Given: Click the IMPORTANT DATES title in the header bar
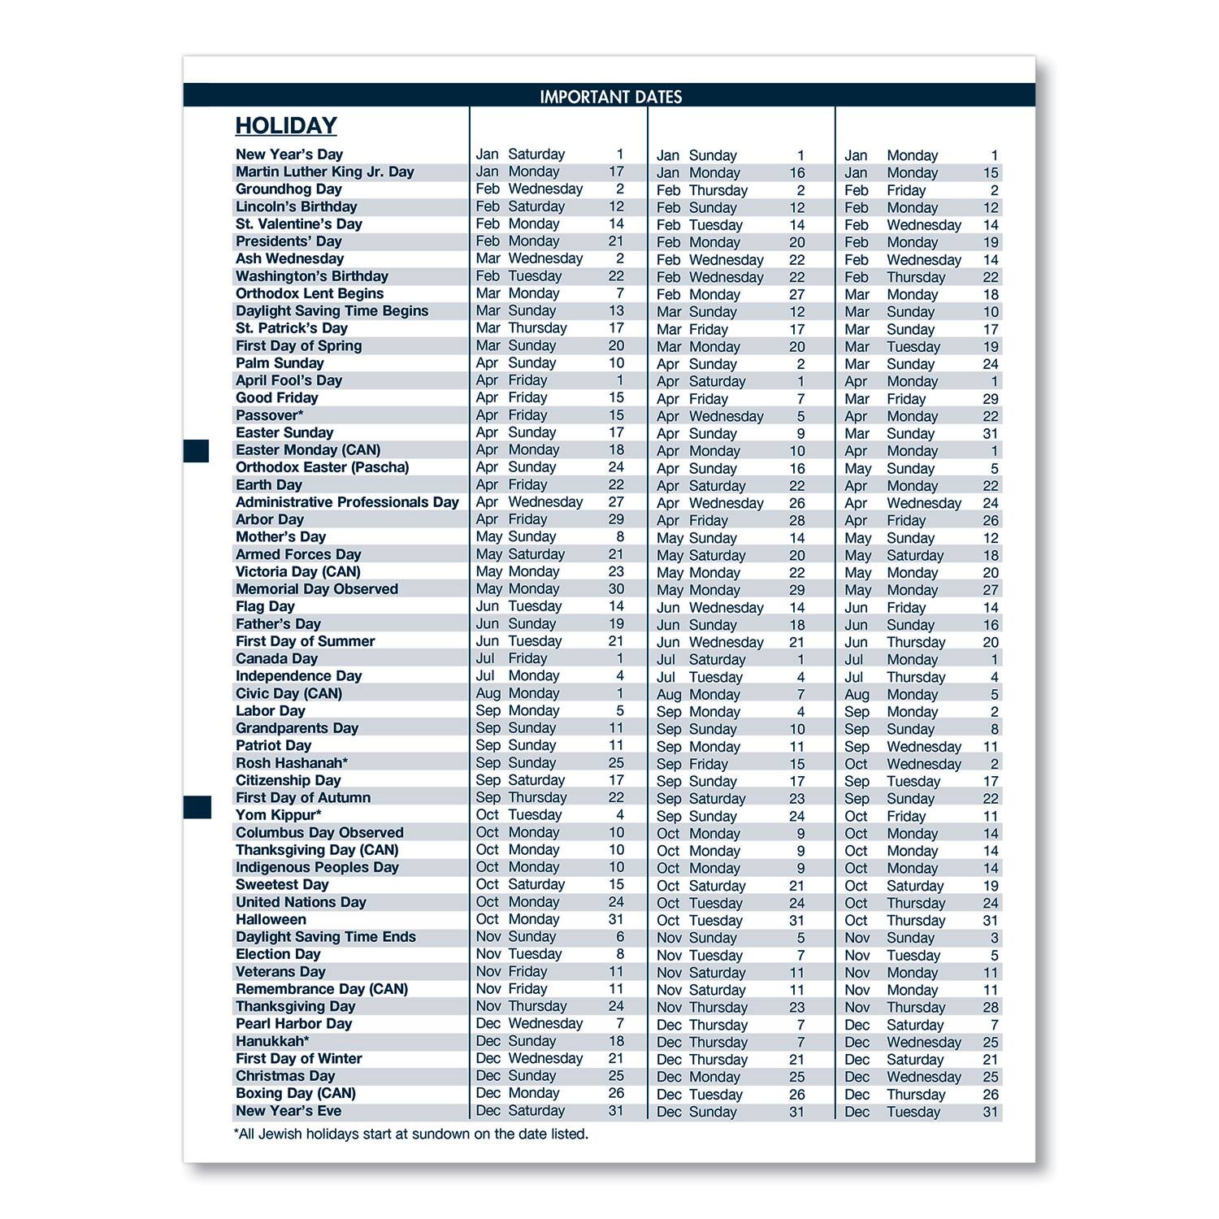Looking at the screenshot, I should pyautogui.click(x=610, y=97).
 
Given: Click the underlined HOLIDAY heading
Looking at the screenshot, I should pyautogui.click(x=286, y=126).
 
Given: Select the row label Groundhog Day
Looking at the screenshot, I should pyautogui.click(x=288, y=189).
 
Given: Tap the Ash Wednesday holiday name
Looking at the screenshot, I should pyautogui.click(x=289, y=258).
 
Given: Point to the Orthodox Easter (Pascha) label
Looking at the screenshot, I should pyautogui.click(x=322, y=467).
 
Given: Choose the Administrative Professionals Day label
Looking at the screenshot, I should pyautogui.click(x=347, y=502).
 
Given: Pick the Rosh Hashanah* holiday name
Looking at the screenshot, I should pyautogui.click(x=291, y=762).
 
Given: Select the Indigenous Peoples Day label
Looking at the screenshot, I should pyautogui.click(x=317, y=867).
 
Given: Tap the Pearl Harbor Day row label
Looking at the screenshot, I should pyautogui.click(x=293, y=1023).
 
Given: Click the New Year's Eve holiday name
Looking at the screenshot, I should pyautogui.click(x=288, y=1110).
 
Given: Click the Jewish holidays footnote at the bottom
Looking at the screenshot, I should pyautogui.click(x=410, y=1134).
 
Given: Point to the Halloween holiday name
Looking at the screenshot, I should pyautogui.click(x=271, y=919).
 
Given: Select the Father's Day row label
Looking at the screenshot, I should pyautogui.click(x=278, y=623).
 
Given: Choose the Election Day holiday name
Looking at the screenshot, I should pyautogui.click(x=278, y=954).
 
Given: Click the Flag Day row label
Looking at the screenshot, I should pyautogui.click(x=265, y=606).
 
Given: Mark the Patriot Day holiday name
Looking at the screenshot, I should pyautogui.click(x=273, y=745).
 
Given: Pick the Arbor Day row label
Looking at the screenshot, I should pyautogui.click(x=269, y=519).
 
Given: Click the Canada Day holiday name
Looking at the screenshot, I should pyautogui.click(x=276, y=658).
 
